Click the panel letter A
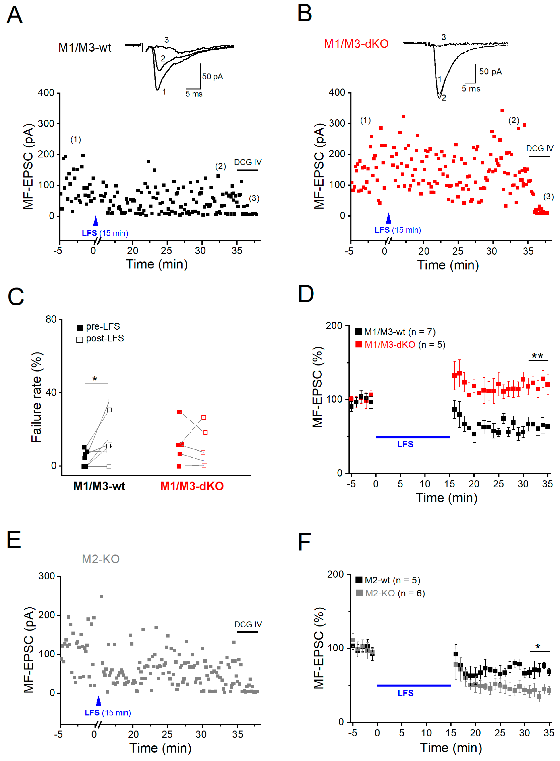[x=15, y=15]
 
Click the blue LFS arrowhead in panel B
[x=388, y=218]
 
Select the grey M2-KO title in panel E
[x=101, y=559]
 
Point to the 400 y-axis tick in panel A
[x=46, y=93]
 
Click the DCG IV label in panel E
[x=248, y=625]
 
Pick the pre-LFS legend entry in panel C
[x=98, y=326]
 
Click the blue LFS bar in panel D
[x=413, y=437]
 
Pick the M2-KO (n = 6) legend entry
[x=390, y=593]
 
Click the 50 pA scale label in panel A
[x=213, y=77]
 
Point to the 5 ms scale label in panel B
[x=471, y=89]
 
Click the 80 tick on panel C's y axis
[x=51, y=319]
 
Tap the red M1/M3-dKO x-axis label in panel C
[x=192, y=486]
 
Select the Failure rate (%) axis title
[x=36, y=397]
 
